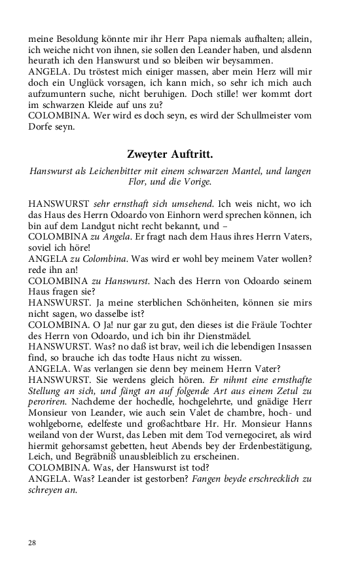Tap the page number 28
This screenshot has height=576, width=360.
(33, 543)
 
